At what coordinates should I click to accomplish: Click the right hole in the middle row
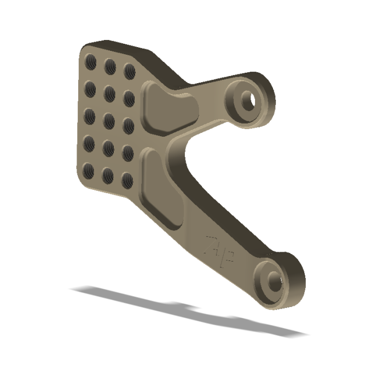click(129, 126)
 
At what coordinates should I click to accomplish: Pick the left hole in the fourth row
click(88, 142)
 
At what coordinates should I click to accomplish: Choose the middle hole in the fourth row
click(108, 147)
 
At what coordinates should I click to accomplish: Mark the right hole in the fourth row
click(128, 153)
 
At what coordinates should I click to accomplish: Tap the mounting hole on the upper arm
click(249, 100)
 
